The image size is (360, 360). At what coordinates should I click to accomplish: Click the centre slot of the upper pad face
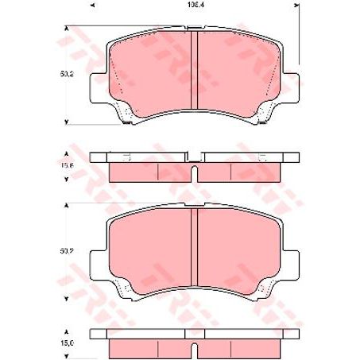click(x=193, y=72)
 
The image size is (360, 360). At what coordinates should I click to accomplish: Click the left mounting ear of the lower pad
click(x=98, y=263)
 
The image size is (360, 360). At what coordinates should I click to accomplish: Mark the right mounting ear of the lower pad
click(x=290, y=263)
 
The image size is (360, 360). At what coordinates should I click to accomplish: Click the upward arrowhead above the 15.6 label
click(x=66, y=153)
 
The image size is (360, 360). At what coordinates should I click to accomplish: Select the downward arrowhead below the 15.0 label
click(x=66, y=354)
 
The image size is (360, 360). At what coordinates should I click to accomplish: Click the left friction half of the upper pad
click(x=151, y=72)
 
